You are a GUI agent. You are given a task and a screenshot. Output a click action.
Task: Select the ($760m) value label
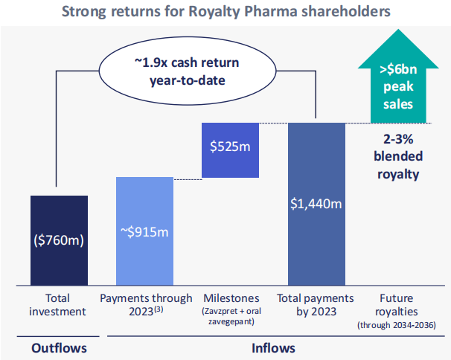(59, 240)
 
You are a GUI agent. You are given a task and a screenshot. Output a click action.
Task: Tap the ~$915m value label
(145, 232)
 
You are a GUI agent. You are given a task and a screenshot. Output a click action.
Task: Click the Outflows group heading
(59, 347)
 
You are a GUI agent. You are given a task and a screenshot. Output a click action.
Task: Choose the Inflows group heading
(272, 347)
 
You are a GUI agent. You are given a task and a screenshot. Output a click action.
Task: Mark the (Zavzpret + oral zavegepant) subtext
(229, 315)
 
